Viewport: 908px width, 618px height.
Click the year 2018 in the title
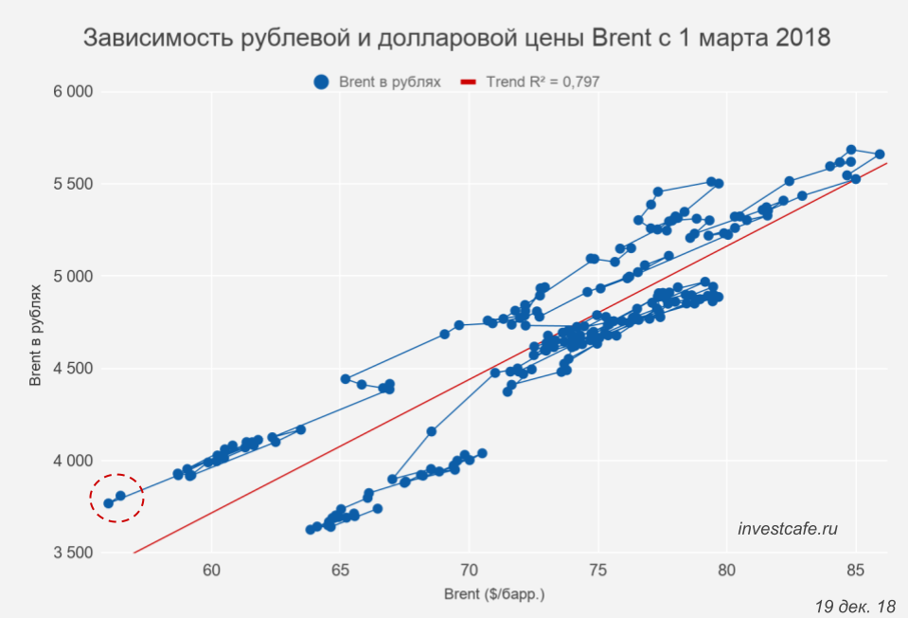(794, 39)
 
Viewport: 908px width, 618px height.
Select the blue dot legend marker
(322, 82)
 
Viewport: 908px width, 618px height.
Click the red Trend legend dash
(467, 82)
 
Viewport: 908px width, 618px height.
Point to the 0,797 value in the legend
(579, 82)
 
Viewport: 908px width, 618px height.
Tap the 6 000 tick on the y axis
(72, 92)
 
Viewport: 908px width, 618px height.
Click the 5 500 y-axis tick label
(72, 184)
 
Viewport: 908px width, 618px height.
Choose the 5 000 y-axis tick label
(72, 277)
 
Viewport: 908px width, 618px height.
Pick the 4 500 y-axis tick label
(72, 369)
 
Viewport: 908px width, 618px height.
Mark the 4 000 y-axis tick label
(72, 461)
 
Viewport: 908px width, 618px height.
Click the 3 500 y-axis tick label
(72, 554)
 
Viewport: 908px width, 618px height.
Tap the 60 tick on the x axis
(211, 572)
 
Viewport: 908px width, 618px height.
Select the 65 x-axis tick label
(340, 572)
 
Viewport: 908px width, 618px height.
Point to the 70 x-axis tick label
(469, 572)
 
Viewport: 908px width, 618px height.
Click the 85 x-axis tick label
(856, 572)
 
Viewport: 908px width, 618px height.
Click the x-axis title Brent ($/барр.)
(494, 595)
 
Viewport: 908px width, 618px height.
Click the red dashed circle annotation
(116, 499)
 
